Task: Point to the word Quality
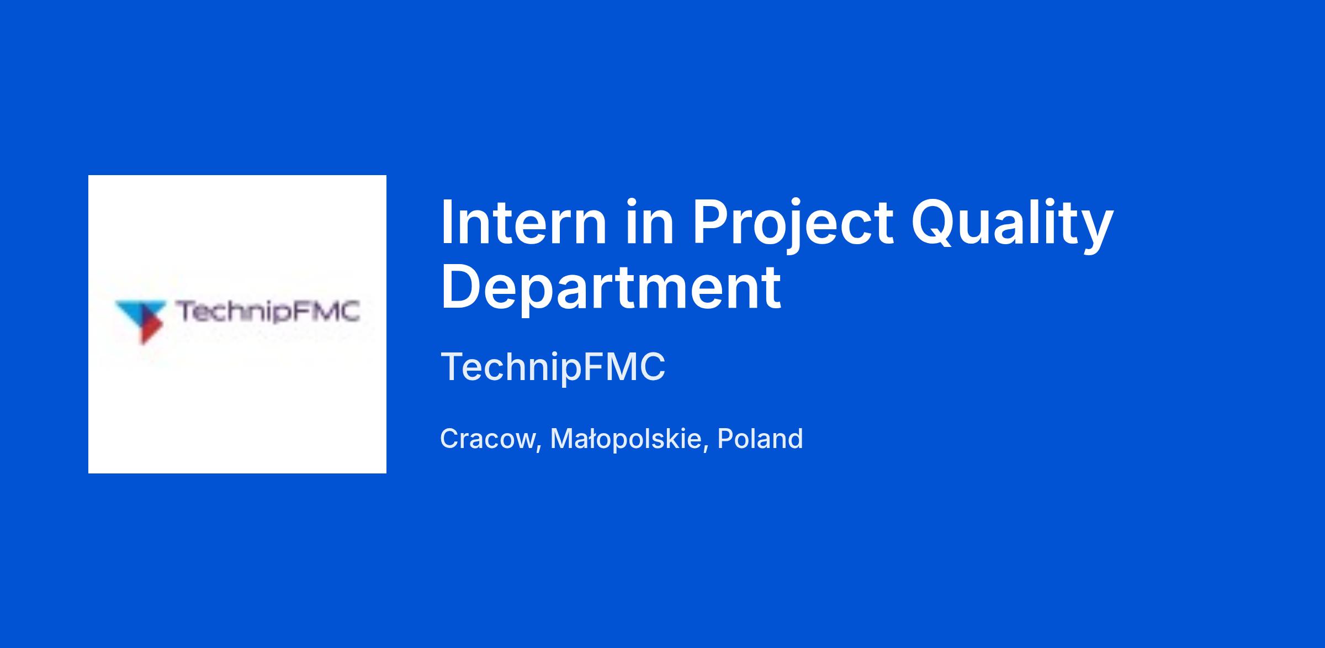(1011, 226)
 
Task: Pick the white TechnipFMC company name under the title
(553, 367)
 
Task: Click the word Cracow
(487, 439)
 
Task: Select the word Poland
(760, 439)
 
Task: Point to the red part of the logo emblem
(150, 330)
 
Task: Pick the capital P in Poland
(724, 439)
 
